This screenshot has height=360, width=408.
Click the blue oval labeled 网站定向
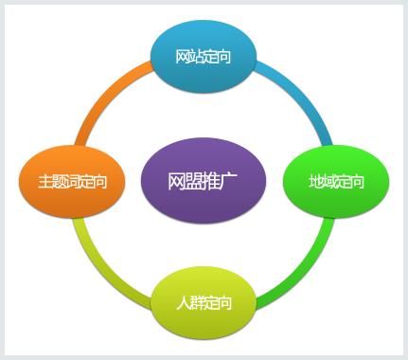click(x=204, y=57)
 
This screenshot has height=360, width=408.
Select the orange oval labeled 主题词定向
click(x=72, y=180)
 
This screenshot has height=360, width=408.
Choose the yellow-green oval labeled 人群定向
click(x=204, y=303)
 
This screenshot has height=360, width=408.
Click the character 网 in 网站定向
click(x=182, y=58)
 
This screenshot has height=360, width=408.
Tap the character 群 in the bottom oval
click(x=196, y=304)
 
